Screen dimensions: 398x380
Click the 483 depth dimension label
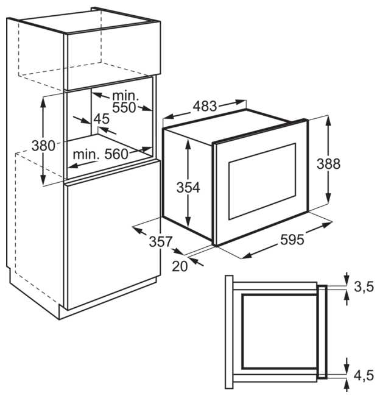(205, 105)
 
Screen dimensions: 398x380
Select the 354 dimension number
(188, 188)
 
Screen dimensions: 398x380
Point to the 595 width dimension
(292, 240)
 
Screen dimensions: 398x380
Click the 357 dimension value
(161, 241)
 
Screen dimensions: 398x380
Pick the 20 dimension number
(180, 265)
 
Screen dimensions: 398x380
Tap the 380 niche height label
(44, 146)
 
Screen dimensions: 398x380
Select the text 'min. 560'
(101, 154)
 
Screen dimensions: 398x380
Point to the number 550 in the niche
(125, 107)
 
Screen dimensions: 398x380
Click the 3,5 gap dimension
(364, 287)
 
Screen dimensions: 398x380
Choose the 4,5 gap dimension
(364, 374)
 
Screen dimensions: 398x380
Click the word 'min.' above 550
(125, 95)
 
